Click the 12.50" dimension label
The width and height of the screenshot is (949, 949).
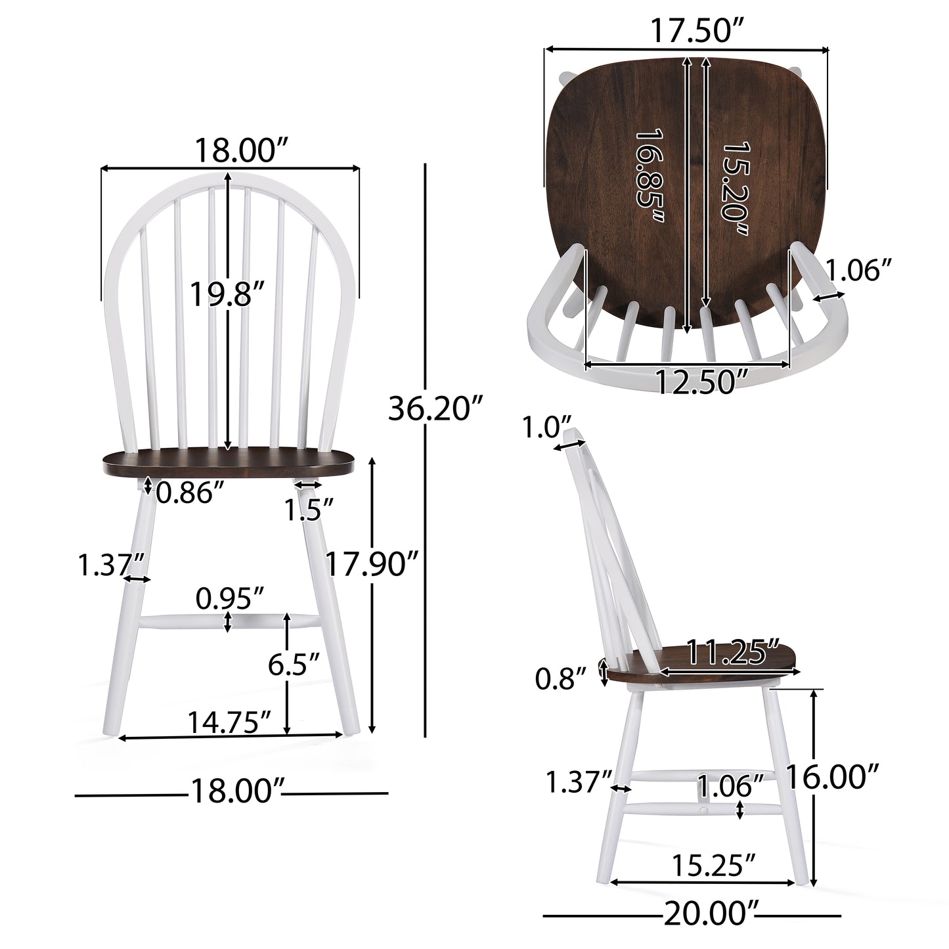(x=702, y=381)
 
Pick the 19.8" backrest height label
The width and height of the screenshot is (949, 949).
(x=227, y=294)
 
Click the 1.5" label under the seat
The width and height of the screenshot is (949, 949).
(x=310, y=510)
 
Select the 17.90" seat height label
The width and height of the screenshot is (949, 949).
(x=372, y=564)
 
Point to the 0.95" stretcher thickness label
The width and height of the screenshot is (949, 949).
(x=230, y=598)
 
